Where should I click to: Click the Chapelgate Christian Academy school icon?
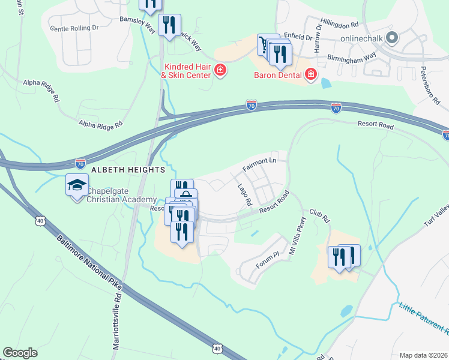point(77,186)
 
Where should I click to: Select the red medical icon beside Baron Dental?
point(310,75)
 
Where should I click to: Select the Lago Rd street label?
point(244,194)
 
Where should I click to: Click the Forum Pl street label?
point(269,259)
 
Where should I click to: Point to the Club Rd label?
point(319,216)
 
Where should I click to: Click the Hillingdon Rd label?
point(339,25)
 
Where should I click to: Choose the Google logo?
point(20,353)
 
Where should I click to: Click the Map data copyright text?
point(423,355)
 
